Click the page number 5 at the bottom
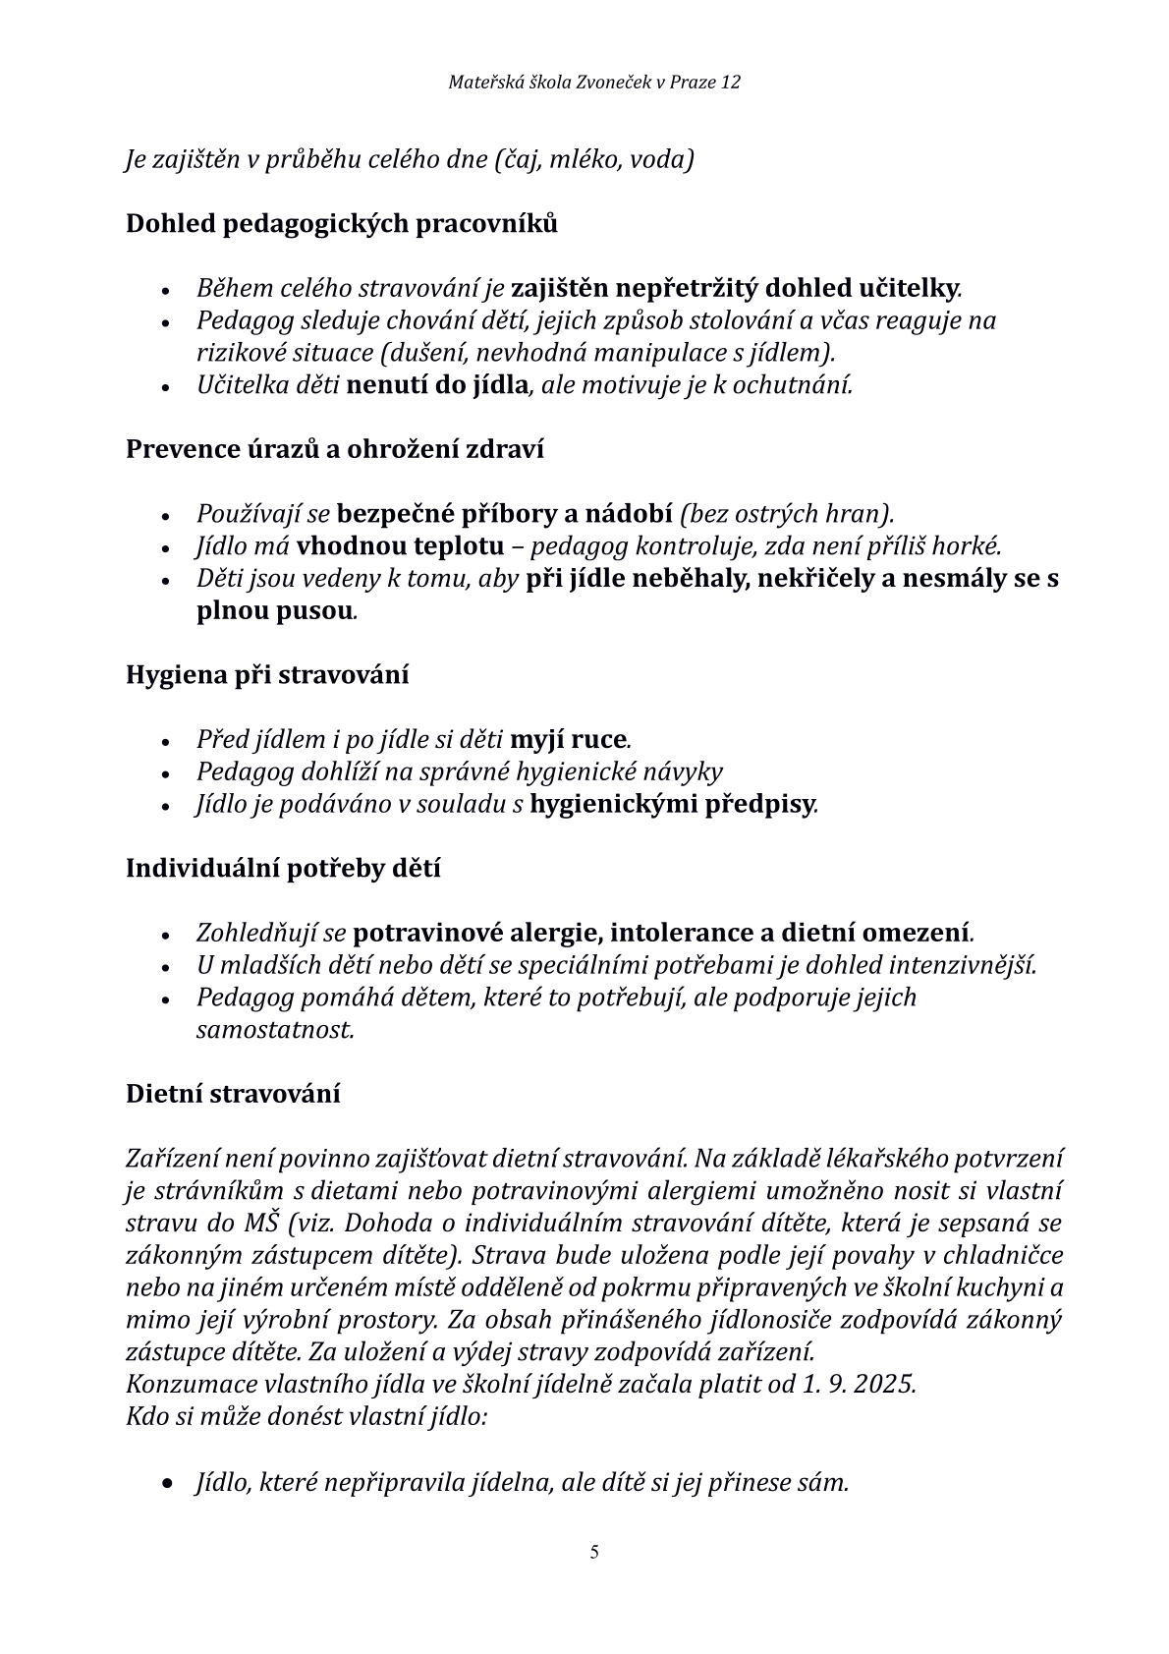click(x=594, y=1553)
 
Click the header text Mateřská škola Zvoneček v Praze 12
click(x=594, y=83)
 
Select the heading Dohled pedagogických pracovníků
click(x=341, y=224)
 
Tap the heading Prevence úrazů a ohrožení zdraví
click(x=335, y=449)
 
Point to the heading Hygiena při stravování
click(x=267, y=675)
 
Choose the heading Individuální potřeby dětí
click(x=283, y=869)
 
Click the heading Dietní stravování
click(x=233, y=1094)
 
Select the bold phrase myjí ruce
click(x=569, y=739)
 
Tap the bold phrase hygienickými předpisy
click(x=672, y=805)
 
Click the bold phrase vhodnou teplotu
click(x=401, y=546)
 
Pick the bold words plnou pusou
click(x=274, y=611)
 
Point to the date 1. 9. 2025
click(x=858, y=1385)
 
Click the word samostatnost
click(x=274, y=1030)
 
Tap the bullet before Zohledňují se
click(x=168, y=935)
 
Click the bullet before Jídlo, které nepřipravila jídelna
click(x=168, y=1483)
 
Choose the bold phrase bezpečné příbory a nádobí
click(x=504, y=514)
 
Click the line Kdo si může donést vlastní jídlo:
click(x=306, y=1417)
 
